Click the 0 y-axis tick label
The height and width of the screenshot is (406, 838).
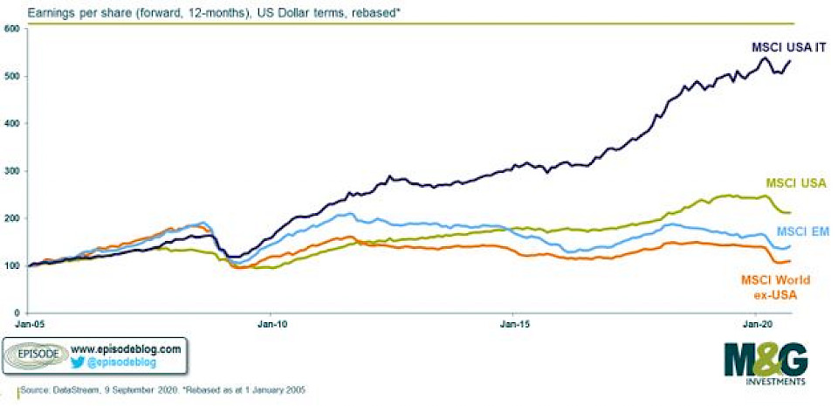tap(17, 313)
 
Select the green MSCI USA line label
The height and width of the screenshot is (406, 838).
tap(796, 183)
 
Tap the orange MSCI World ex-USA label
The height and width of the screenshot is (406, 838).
tap(775, 286)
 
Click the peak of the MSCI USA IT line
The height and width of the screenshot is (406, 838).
tap(765, 58)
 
